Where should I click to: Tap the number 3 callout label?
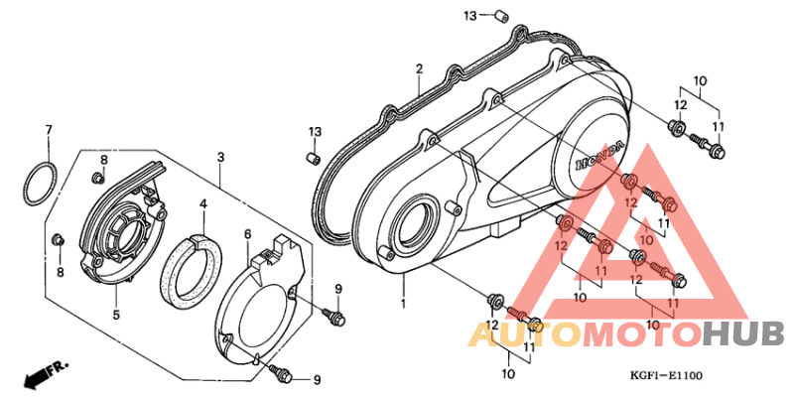point(220,158)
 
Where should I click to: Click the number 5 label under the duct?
point(116,315)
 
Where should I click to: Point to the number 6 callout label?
point(247,233)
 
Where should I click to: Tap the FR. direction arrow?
point(45,373)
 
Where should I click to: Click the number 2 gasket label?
point(419,68)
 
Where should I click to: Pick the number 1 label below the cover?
point(403,304)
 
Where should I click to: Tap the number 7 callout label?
point(49,130)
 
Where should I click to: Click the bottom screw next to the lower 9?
point(281,374)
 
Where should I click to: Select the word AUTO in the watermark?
point(524,335)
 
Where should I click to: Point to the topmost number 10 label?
point(701,80)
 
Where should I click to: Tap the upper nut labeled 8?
point(96,178)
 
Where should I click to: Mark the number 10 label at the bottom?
point(508,374)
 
